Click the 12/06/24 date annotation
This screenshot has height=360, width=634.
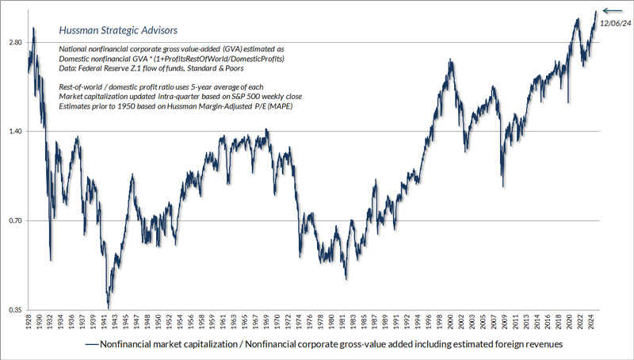pyautogui.click(x=614, y=23)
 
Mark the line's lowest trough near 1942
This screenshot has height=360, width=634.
pyautogui.click(x=109, y=308)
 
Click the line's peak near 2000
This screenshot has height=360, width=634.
pyautogui.click(x=449, y=59)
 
